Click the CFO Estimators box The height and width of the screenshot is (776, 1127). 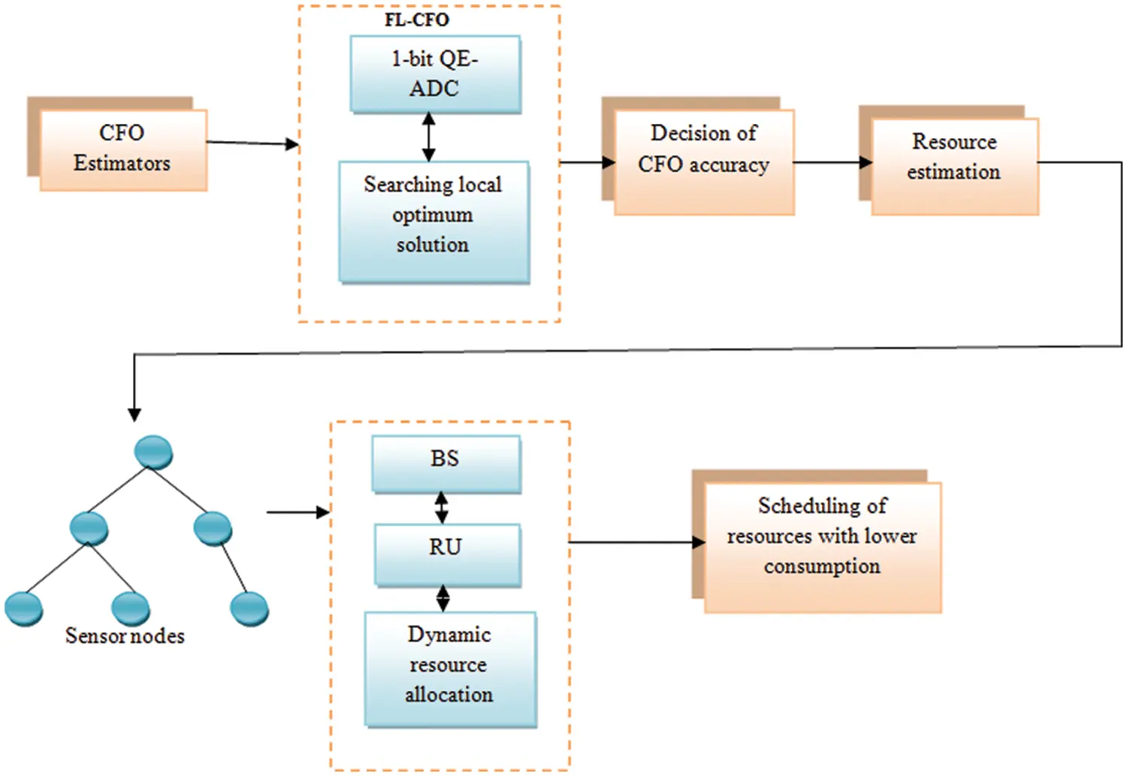click(122, 149)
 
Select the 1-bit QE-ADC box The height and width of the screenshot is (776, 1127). click(435, 74)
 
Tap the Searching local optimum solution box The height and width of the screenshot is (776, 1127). click(434, 222)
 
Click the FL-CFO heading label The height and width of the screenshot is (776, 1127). click(416, 20)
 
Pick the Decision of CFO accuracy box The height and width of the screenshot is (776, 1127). click(704, 161)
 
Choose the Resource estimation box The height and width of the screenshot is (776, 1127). click(954, 165)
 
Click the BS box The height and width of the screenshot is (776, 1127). click(446, 463)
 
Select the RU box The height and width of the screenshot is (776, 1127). click(447, 554)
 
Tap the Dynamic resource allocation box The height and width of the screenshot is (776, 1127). click(449, 668)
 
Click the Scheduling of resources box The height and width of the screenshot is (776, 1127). click(822, 547)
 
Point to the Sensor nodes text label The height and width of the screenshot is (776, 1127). click(125, 636)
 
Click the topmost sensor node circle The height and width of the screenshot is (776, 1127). click(153, 452)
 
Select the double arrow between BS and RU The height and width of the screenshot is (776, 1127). click(442, 508)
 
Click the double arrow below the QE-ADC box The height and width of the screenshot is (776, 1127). click(428, 137)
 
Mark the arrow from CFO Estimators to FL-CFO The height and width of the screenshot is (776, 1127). click(252, 143)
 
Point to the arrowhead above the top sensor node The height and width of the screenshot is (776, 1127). click(134, 412)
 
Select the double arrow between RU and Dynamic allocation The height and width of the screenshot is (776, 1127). click(443, 598)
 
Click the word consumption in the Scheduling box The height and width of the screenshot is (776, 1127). click(822, 566)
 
